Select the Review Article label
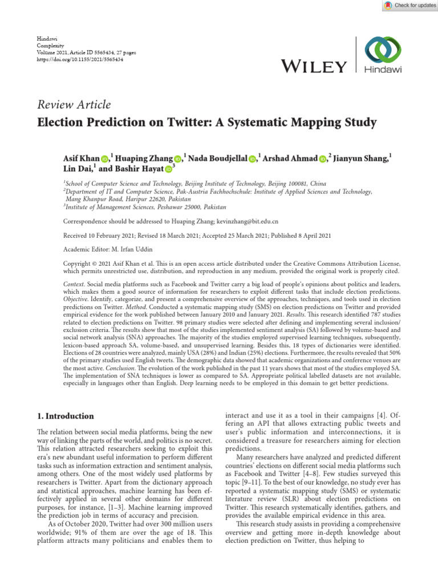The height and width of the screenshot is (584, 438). click(x=74, y=104)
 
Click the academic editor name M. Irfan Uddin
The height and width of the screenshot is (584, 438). click(x=131, y=249)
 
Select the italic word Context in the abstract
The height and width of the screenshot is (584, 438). click(x=74, y=284)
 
